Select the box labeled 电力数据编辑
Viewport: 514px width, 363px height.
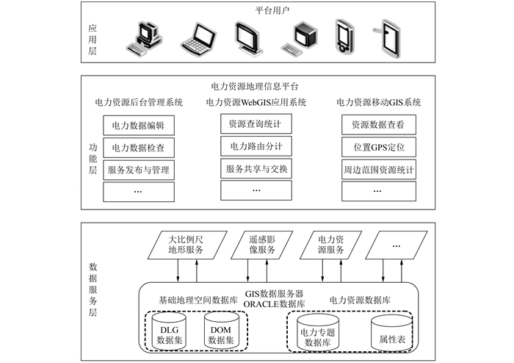point(138,126)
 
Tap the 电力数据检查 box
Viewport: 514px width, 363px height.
point(138,148)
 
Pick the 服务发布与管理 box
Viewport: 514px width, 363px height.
point(138,170)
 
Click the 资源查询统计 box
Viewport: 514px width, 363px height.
point(256,123)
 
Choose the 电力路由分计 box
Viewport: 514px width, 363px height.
point(256,146)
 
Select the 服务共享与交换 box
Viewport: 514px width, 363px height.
point(256,169)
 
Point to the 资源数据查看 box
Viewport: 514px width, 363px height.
point(378,125)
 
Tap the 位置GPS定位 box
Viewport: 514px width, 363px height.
point(378,148)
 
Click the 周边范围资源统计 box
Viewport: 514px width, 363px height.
point(378,170)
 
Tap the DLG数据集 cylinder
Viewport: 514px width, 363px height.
point(170,332)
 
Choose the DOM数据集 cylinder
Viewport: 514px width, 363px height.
point(220,332)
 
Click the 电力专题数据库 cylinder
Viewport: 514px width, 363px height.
point(318,334)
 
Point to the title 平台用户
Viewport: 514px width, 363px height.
point(256,11)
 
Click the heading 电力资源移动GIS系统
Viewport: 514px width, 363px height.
point(378,102)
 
